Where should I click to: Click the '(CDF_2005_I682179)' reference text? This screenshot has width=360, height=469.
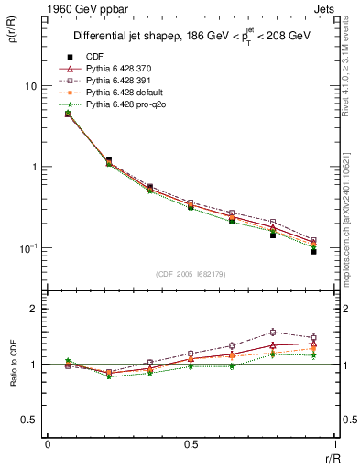(190, 274)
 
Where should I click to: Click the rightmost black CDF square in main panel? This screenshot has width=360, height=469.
(313, 251)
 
